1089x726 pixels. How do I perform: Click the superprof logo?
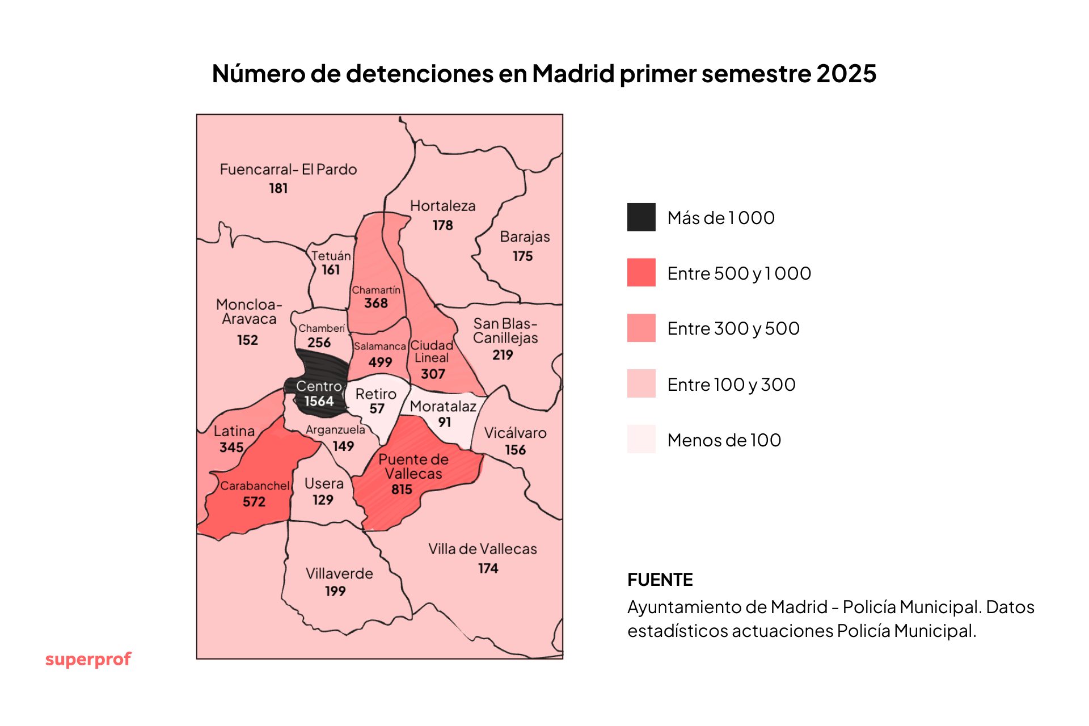[88, 659]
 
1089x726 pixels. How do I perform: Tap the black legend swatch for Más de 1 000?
[641, 217]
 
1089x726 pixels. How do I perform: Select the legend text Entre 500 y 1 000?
[738, 273]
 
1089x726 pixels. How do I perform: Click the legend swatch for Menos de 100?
[641, 439]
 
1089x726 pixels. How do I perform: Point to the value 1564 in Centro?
[319, 401]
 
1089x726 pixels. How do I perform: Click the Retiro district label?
[375, 394]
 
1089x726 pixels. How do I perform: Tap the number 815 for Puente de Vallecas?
[402, 489]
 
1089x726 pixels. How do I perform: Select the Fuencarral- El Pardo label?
[288, 170]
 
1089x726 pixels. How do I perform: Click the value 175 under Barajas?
[522, 256]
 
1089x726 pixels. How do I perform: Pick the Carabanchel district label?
[255, 486]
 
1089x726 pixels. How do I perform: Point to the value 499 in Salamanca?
[380, 362]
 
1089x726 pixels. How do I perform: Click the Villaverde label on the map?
[339, 573]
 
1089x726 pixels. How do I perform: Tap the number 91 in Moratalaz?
[444, 422]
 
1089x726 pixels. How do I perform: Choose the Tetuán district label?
[331, 256]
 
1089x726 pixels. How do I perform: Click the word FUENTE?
[660, 580]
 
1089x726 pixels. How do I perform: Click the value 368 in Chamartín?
[376, 303]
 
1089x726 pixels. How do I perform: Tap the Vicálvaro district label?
[515, 433]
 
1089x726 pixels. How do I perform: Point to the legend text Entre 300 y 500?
[733, 328]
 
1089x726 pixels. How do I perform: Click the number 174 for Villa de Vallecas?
[488, 568]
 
